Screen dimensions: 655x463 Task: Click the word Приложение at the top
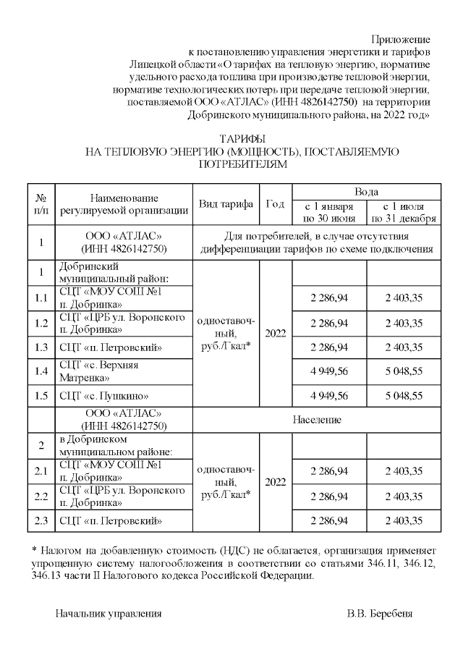[401, 38]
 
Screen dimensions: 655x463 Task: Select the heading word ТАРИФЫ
[242, 138]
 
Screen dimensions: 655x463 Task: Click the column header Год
[275, 204]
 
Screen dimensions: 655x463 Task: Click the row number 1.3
[41, 347]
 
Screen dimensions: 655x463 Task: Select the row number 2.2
[41, 496]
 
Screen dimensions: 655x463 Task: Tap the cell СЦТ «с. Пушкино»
[104, 396]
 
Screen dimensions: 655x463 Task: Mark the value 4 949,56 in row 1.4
[328, 371]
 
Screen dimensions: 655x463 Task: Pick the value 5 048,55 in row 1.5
[403, 396]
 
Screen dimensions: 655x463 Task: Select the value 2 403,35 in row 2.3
[403, 520]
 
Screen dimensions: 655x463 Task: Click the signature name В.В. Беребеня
[380, 614]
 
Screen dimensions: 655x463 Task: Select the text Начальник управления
[109, 614]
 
